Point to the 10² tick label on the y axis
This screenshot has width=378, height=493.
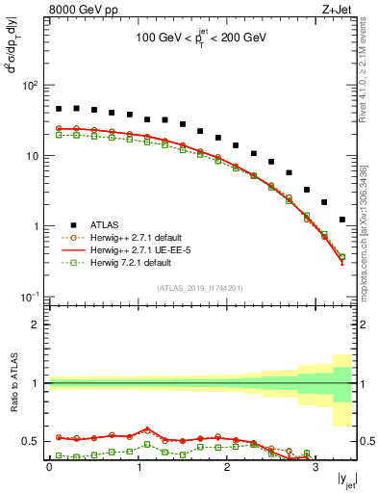tap(29, 85)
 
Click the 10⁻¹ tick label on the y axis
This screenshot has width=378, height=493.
tap(29, 297)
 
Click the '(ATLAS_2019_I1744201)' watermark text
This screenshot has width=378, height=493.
tap(201, 287)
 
